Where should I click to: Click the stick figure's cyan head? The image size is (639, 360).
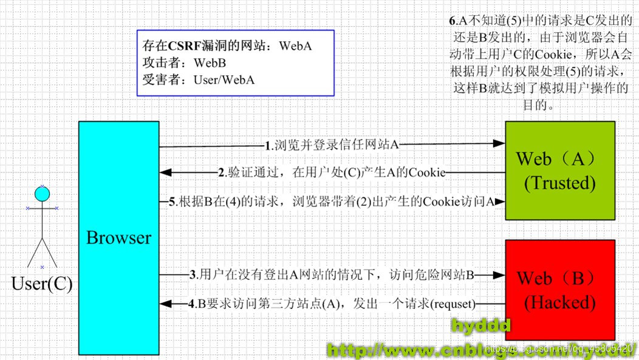(42, 194)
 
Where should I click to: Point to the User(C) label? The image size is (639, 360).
(42, 284)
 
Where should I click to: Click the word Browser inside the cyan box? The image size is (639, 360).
(118, 238)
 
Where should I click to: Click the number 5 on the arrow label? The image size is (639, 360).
(172, 202)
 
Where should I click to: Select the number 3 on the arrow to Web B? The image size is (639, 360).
(193, 275)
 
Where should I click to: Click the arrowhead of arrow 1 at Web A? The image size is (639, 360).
(499, 144)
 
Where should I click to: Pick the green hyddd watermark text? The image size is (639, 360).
(480, 326)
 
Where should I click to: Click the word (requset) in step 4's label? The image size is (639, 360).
(453, 304)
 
